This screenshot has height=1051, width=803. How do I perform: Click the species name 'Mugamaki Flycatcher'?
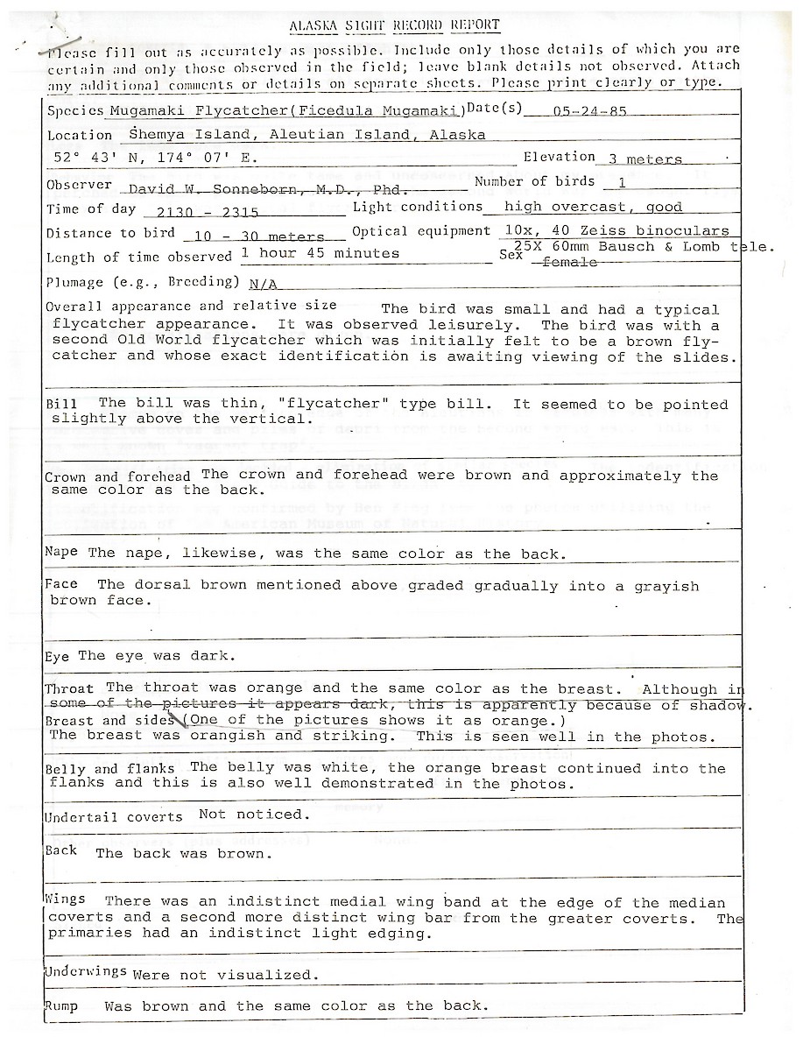198,111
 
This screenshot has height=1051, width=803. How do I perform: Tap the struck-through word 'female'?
570,262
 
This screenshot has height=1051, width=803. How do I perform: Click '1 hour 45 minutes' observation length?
320,254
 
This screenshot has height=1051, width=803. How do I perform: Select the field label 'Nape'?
61,553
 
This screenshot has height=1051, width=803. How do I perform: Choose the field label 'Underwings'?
86,974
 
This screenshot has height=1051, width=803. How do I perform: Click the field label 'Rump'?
61,1006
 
